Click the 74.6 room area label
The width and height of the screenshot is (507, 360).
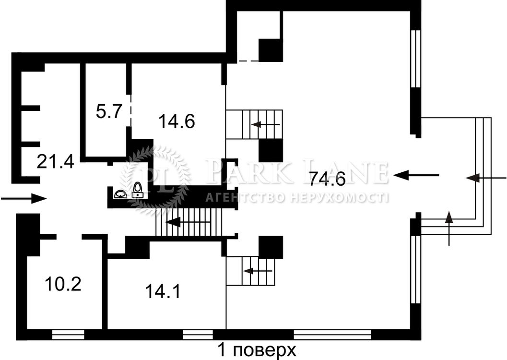[x=327, y=179]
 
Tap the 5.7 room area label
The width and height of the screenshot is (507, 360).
[x=108, y=111]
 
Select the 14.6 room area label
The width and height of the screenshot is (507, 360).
[x=177, y=122]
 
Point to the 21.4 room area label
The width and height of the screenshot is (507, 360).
[x=55, y=161]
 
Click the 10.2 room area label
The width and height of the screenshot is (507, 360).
[x=63, y=284]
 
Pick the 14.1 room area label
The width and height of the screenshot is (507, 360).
[x=163, y=291]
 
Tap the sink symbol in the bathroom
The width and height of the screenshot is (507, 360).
[x=120, y=194]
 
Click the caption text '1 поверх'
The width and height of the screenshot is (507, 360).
[x=257, y=350]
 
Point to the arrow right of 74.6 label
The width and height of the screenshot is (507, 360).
[x=416, y=176]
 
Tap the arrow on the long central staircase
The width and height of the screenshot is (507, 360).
[x=189, y=222]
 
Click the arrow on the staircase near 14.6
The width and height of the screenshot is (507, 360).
[x=266, y=124]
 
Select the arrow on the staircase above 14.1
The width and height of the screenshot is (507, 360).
[x=258, y=271]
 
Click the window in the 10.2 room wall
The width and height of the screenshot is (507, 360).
[x=68, y=335]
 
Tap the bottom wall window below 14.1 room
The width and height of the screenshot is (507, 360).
[x=198, y=335]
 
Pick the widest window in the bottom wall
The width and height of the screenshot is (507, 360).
[x=332, y=335]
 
